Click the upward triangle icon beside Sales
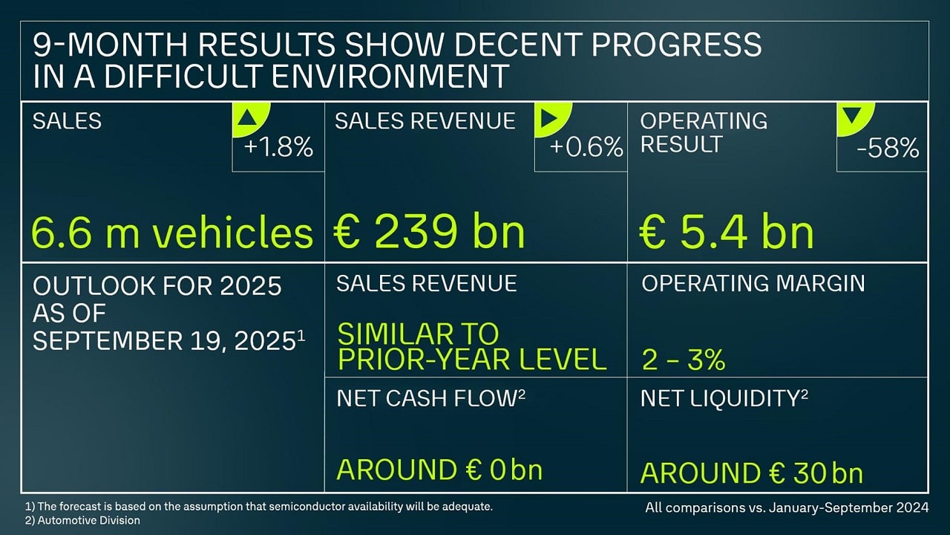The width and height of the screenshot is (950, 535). pos(247,117)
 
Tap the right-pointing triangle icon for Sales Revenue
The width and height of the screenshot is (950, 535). pos(550,117)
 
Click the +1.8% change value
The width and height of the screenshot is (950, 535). pos(278,148)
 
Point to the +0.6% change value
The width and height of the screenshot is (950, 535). pos(586,148)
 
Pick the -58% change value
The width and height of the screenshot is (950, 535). pos(888,149)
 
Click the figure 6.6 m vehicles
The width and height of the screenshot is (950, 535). pos(172,233)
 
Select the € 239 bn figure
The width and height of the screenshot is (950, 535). pos(430,233)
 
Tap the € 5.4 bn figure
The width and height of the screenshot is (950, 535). pos(727,233)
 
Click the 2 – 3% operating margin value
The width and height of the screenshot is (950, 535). pos(683,360)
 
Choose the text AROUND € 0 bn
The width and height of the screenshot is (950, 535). pos(439,470)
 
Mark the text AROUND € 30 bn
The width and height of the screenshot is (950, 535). pos(751,473)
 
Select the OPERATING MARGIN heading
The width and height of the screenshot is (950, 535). pos(753,283)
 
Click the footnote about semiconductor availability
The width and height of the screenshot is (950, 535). pos(259,506)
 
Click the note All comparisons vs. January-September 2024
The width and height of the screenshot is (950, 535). pos(787,508)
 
